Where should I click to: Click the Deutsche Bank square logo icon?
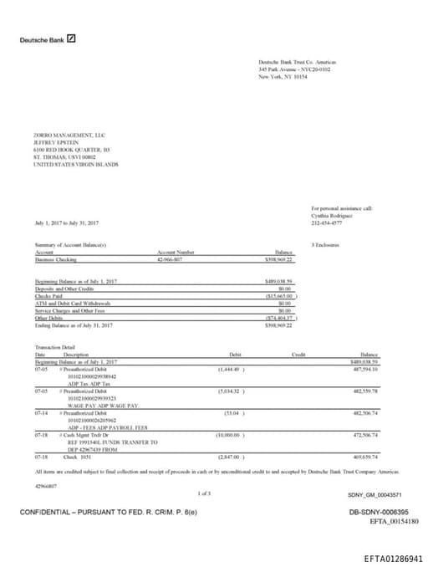coord(72,38)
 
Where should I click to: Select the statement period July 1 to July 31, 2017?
coord(67,223)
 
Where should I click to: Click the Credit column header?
coord(298,355)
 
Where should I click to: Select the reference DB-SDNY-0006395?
coord(379,512)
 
